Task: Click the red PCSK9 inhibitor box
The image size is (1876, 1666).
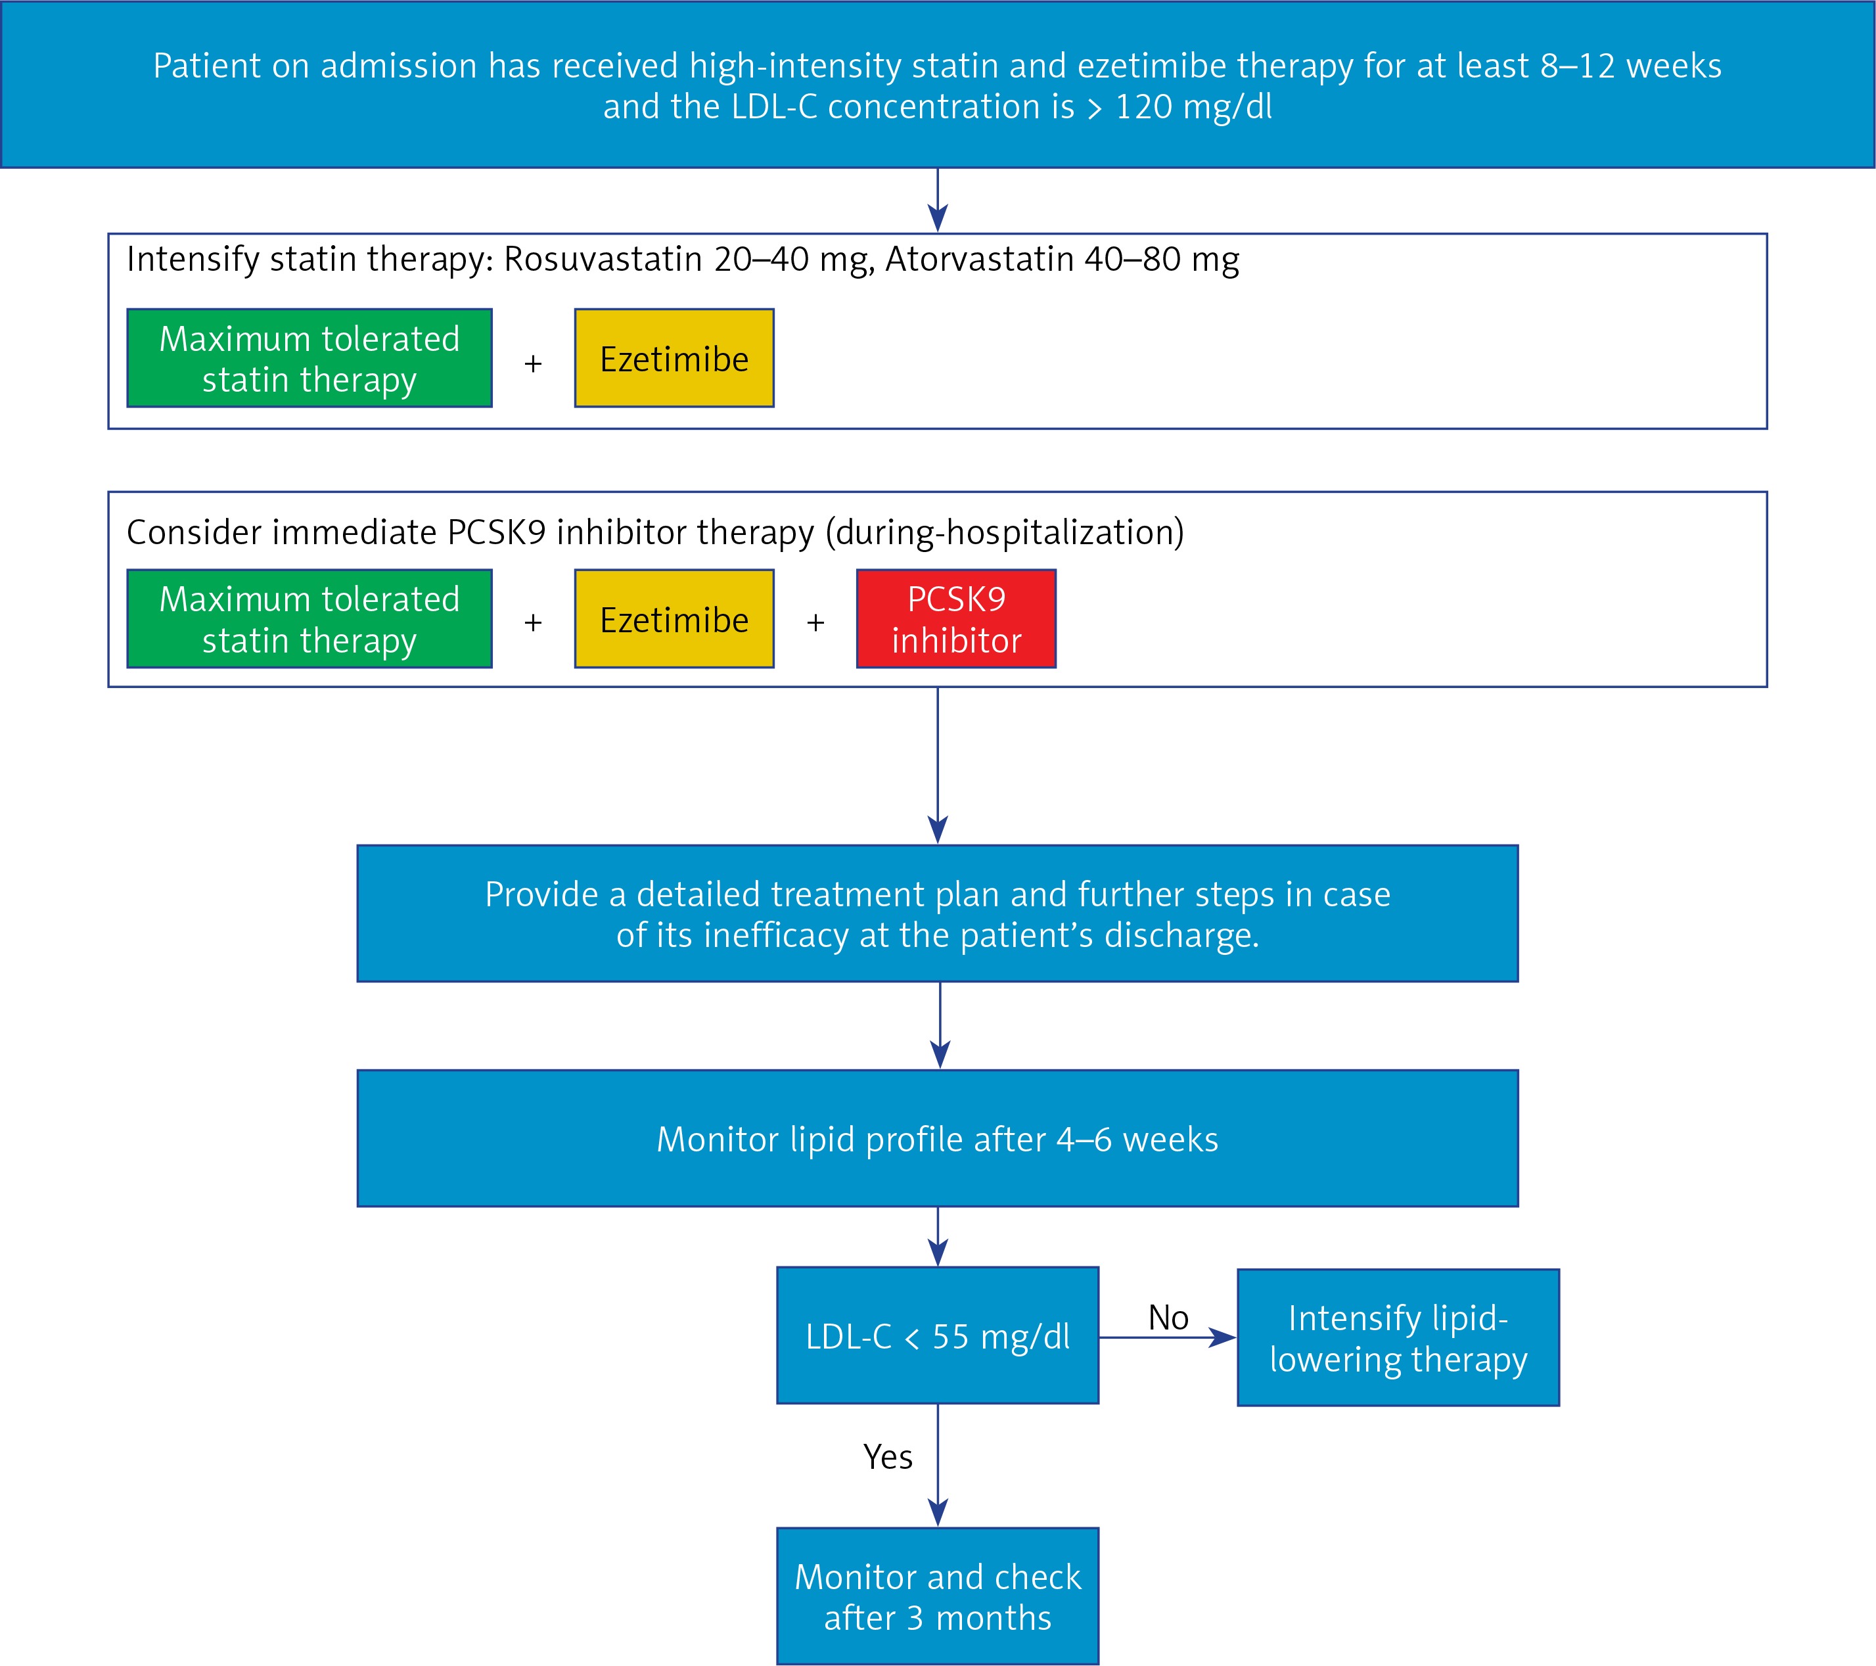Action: (956, 618)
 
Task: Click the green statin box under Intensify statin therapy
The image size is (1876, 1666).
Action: (309, 358)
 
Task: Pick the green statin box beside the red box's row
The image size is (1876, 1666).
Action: (309, 618)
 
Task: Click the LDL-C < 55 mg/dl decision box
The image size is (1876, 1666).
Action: (938, 1335)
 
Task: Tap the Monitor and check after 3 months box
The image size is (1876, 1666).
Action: (938, 1596)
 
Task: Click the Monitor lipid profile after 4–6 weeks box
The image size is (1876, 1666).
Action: (938, 1138)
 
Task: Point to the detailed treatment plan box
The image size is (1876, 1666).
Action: (938, 914)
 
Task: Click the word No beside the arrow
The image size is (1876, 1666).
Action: (1168, 1317)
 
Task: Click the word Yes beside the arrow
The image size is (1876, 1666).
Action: (888, 1457)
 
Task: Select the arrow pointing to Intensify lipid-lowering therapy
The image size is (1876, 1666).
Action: (1168, 1337)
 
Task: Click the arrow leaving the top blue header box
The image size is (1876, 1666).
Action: (938, 200)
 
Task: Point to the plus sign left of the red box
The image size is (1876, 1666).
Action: (815, 622)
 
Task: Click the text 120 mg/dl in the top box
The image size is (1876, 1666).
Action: (1194, 107)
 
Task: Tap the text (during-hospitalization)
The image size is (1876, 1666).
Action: (1004, 532)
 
